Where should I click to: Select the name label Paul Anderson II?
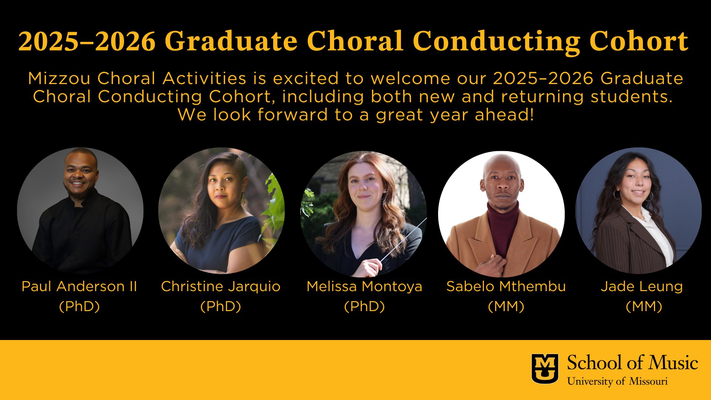click(79, 286)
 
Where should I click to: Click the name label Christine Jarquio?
click(221, 286)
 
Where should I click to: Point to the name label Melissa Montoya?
click(364, 286)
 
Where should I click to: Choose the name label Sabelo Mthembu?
click(506, 286)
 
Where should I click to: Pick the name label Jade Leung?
click(642, 286)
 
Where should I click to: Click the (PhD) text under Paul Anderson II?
click(79, 306)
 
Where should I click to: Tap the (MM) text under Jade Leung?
click(644, 306)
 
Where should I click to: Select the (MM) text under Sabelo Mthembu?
click(506, 306)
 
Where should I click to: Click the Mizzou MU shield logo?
click(545, 369)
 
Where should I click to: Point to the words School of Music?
click(632, 362)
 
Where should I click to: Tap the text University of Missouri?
click(617, 381)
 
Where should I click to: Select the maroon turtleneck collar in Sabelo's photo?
click(503, 215)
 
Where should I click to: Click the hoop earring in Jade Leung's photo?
click(617, 194)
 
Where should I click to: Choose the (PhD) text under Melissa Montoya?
click(364, 306)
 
